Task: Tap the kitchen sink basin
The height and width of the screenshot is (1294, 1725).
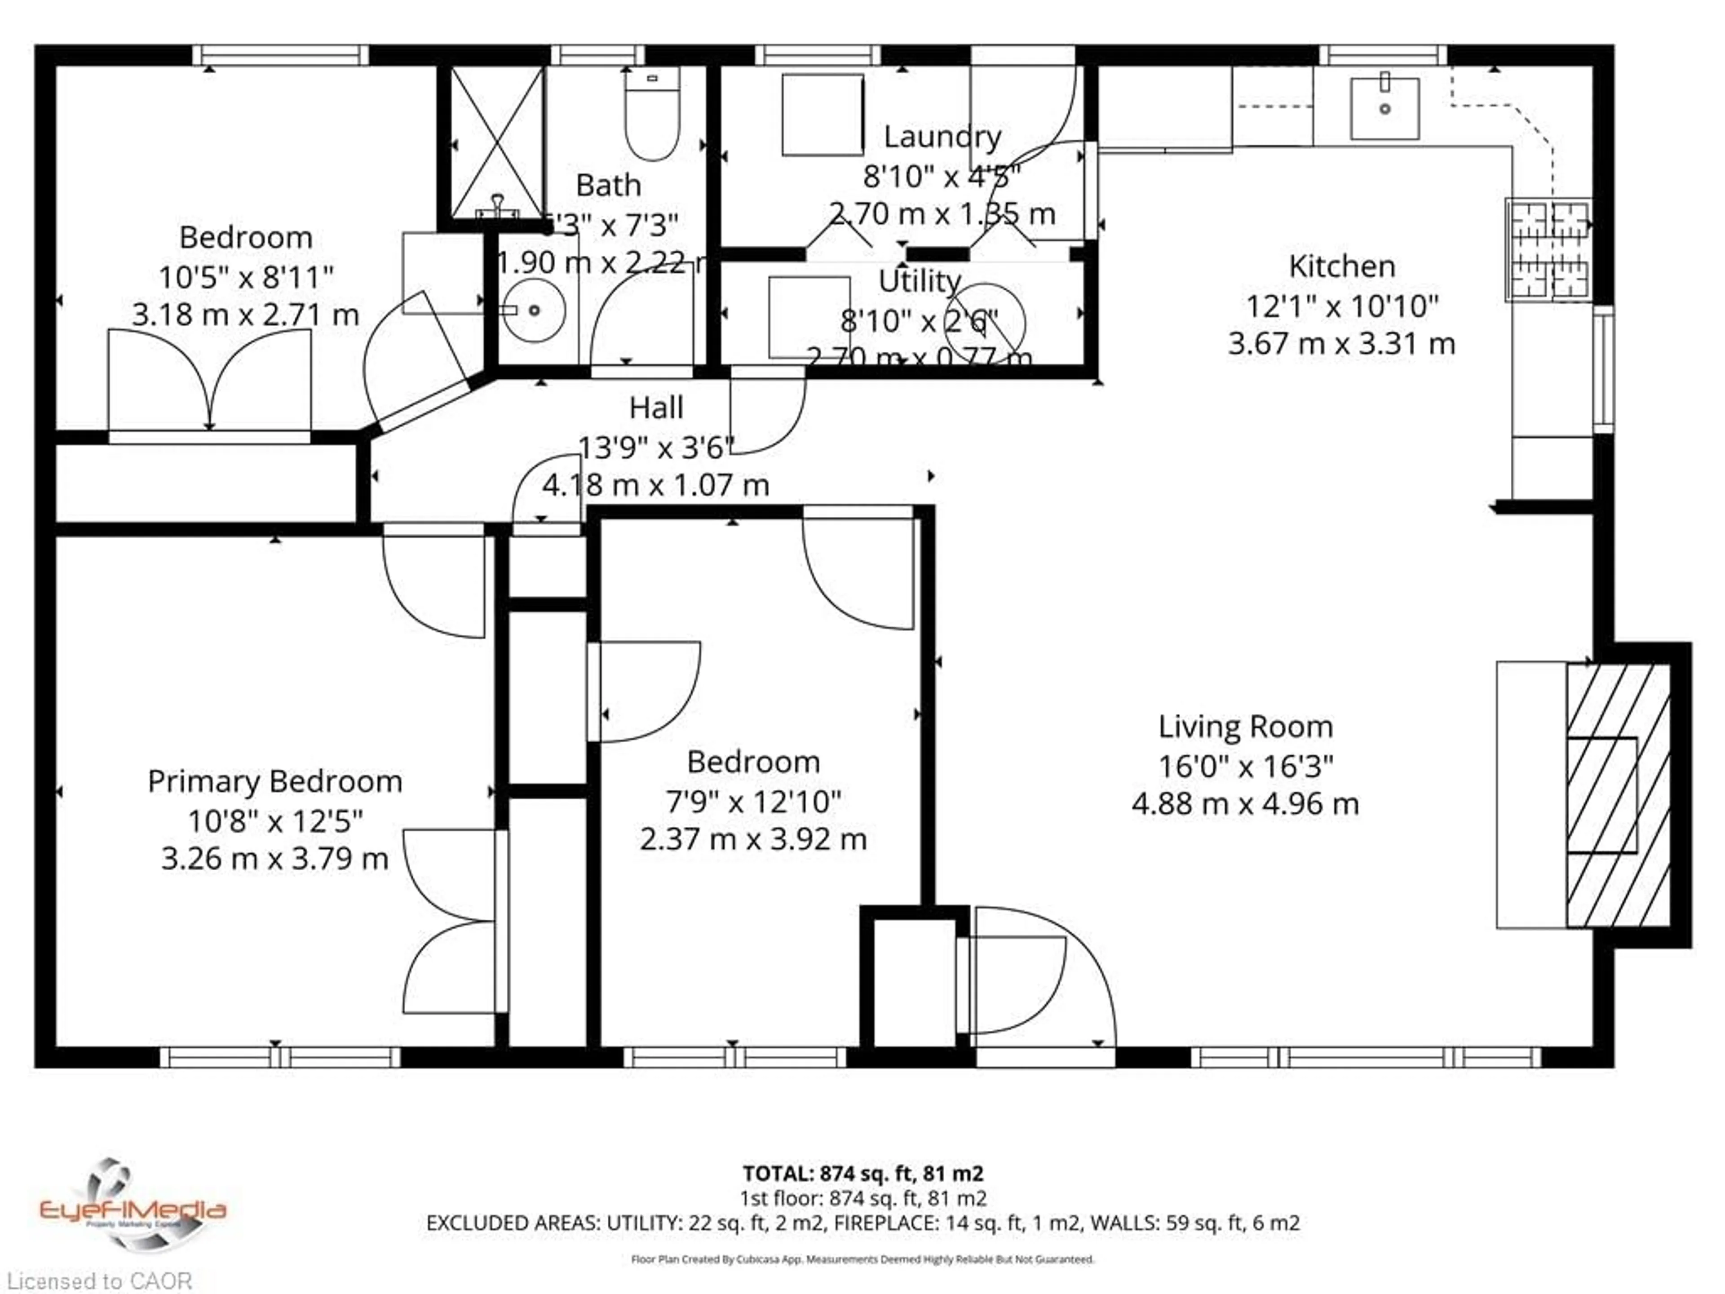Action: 1384,109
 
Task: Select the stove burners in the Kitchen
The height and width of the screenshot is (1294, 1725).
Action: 1548,250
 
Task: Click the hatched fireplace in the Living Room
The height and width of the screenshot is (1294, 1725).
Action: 1618,796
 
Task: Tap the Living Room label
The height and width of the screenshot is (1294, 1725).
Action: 1245,727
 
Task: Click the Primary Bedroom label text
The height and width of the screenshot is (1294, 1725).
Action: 274,781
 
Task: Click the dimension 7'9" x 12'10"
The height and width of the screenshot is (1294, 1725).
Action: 752,801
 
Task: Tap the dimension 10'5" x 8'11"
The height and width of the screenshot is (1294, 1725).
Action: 246,277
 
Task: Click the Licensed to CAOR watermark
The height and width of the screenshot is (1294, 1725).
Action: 98,1281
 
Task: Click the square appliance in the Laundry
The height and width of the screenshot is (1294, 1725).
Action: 822,115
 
